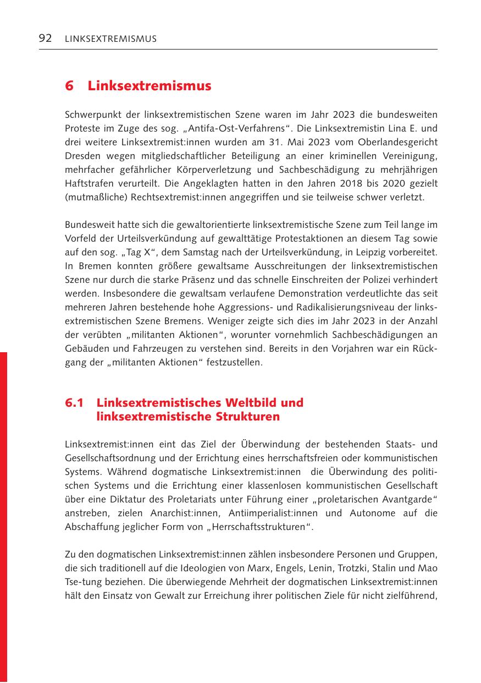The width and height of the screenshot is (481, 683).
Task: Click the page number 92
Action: click(x=45, y=38)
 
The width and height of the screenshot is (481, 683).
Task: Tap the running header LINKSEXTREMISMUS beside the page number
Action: click(x=110, y=39)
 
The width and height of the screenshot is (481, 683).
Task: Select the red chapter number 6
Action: click(x=69, y=86)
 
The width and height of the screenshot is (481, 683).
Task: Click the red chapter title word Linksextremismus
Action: click(x=150, y=86)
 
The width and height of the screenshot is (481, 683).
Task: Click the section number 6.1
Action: click(x=74, y=403)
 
